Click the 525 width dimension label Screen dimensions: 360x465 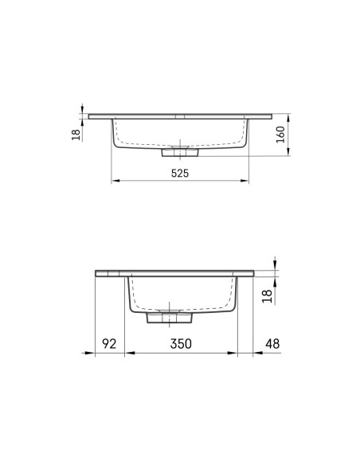(180, 174)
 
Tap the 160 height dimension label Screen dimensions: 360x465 (280, 135)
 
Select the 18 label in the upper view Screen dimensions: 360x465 (76, 135)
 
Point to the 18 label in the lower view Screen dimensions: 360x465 (267, 296)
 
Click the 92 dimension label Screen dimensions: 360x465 (109, 343)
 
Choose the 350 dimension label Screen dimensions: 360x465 (181, 343)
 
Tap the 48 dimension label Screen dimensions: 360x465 (272, 343)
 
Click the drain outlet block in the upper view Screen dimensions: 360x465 (180, 152)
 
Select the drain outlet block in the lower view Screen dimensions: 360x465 (170, 318)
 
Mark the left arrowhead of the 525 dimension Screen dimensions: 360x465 (115, 180)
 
